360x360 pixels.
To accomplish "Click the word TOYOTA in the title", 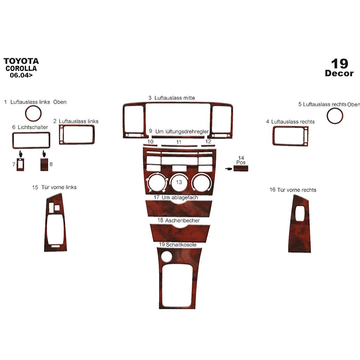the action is pos(21,61).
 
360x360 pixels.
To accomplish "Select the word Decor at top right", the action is pos(339,73).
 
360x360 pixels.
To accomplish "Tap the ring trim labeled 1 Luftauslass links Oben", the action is pos(33,113).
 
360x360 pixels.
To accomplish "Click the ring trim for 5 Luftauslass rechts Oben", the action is pos(335,116).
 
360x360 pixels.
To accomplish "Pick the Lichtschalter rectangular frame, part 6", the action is pos(31,140).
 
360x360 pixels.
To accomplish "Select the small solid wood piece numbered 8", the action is pos(44,164).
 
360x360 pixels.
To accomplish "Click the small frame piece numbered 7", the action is pos(20,165).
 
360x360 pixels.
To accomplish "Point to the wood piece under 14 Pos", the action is pos(241,168).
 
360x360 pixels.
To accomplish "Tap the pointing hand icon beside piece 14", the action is pos(229,169).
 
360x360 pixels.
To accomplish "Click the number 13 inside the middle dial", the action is pos(179,182).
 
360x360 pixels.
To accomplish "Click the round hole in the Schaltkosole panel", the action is pos(166,256).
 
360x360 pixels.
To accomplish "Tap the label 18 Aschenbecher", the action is pos(178,220).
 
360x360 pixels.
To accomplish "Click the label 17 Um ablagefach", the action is pos(176,197).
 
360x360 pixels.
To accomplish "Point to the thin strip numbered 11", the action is pos(179,146).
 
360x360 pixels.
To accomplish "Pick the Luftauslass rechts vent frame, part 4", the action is pos(290,136).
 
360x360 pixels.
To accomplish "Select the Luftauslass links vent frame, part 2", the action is pos(77,135).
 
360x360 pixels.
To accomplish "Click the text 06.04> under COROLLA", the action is pos(21,75).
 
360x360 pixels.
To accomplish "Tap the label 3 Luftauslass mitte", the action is pos(172,98).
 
